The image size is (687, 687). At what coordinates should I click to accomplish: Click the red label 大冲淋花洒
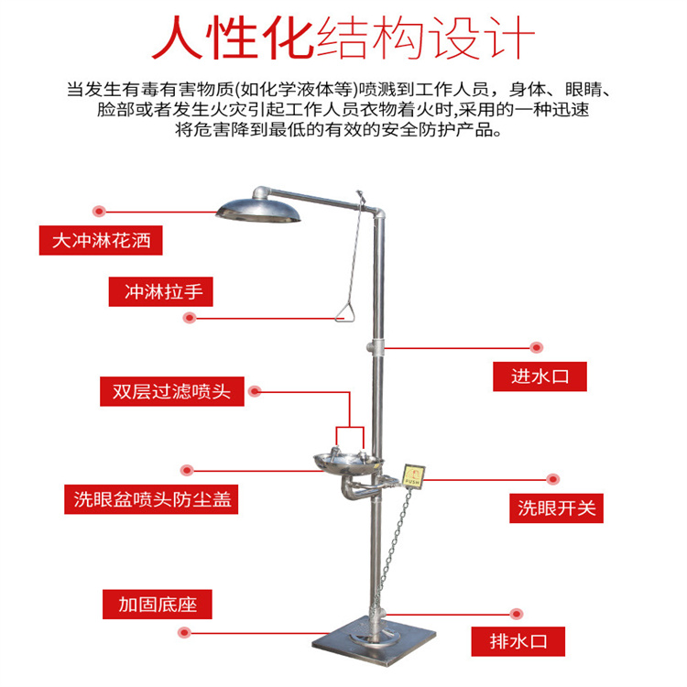[101, 241]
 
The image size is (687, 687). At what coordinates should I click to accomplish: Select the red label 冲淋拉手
[162, 292]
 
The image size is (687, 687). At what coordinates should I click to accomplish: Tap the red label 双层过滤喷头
[171, 391]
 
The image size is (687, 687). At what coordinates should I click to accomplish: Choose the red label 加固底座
[157, 605]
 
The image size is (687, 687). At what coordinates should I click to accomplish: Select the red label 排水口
[518, 640]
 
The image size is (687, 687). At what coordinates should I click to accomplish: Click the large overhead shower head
[259, 210]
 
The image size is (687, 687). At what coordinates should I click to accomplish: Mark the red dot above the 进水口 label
[538, 347]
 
